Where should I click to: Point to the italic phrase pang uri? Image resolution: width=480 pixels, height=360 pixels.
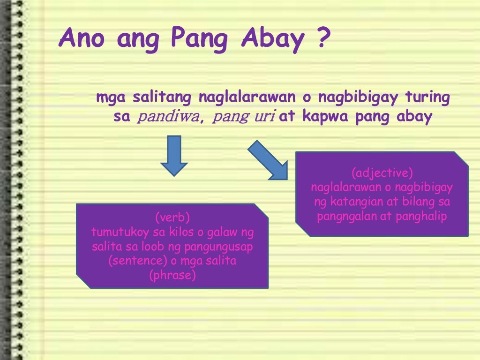pos(243,117)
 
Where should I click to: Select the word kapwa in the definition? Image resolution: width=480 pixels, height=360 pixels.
pos(326,117)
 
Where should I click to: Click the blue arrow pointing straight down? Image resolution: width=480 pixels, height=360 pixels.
pos(173,155)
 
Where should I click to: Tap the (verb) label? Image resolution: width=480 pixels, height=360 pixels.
pos(172,217)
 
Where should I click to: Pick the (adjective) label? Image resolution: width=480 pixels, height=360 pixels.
pos(382,173)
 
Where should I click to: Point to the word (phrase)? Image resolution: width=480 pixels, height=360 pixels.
pos(172,275)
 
